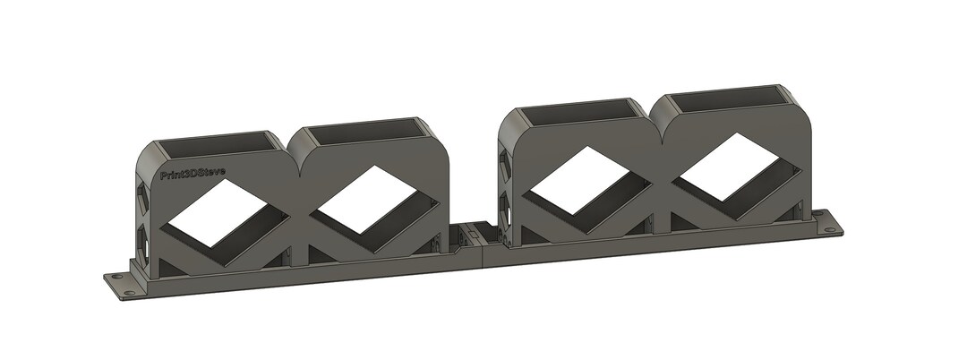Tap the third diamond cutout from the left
pyautogui.click(x=583, y=180)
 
